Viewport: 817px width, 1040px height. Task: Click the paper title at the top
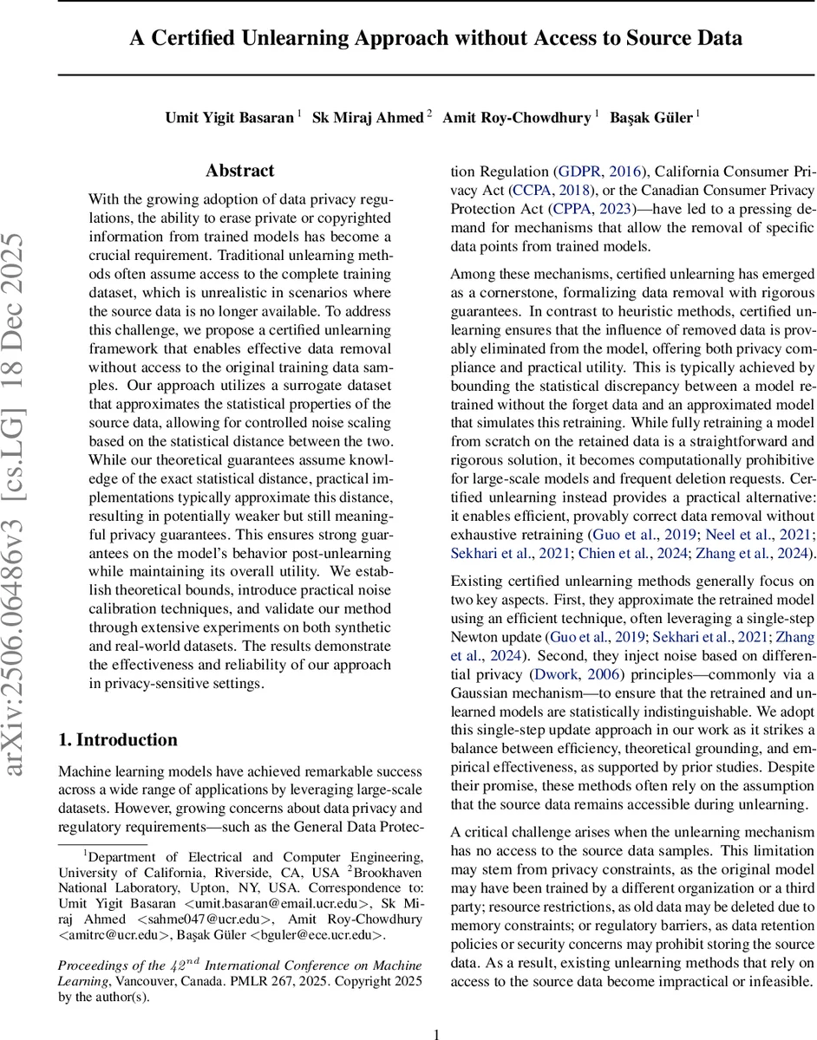(436, 38)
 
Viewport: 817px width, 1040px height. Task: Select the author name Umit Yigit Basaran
(229, 117)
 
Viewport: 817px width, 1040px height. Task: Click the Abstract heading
(239, 171)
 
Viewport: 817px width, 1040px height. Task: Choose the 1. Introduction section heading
(117, 739)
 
